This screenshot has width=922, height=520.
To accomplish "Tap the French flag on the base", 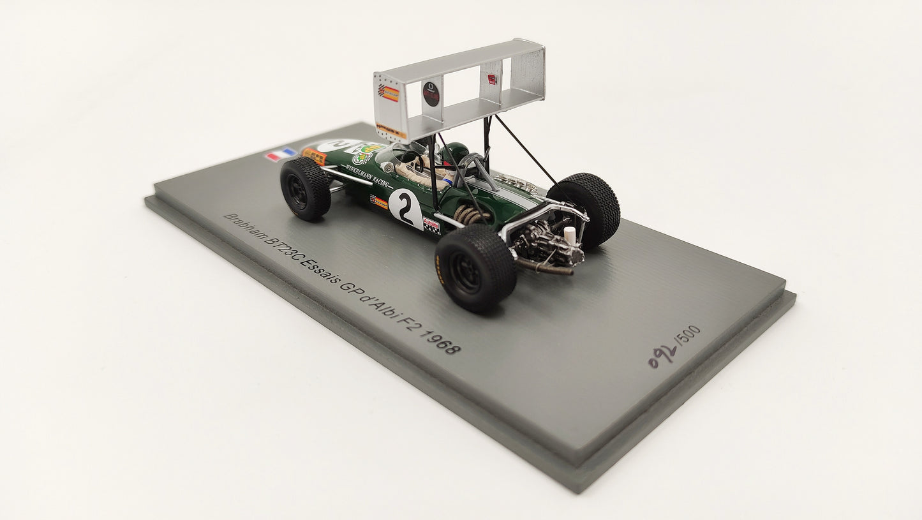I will tap(280, 154).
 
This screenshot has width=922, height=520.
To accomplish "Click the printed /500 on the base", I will tap(688, 336).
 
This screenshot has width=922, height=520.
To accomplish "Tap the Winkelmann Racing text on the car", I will tap(367, 176).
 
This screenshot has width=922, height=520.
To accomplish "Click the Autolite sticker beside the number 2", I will tap(431, 225).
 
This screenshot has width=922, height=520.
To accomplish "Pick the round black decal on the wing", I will tap(431, 94).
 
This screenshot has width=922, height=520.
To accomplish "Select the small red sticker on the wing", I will tap(492, 79).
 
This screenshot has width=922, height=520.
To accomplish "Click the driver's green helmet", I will tap(454, 152).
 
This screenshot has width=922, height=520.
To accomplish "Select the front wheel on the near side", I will tap(305, 189).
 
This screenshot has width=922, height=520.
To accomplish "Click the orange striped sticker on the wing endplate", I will tap(389, 94).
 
